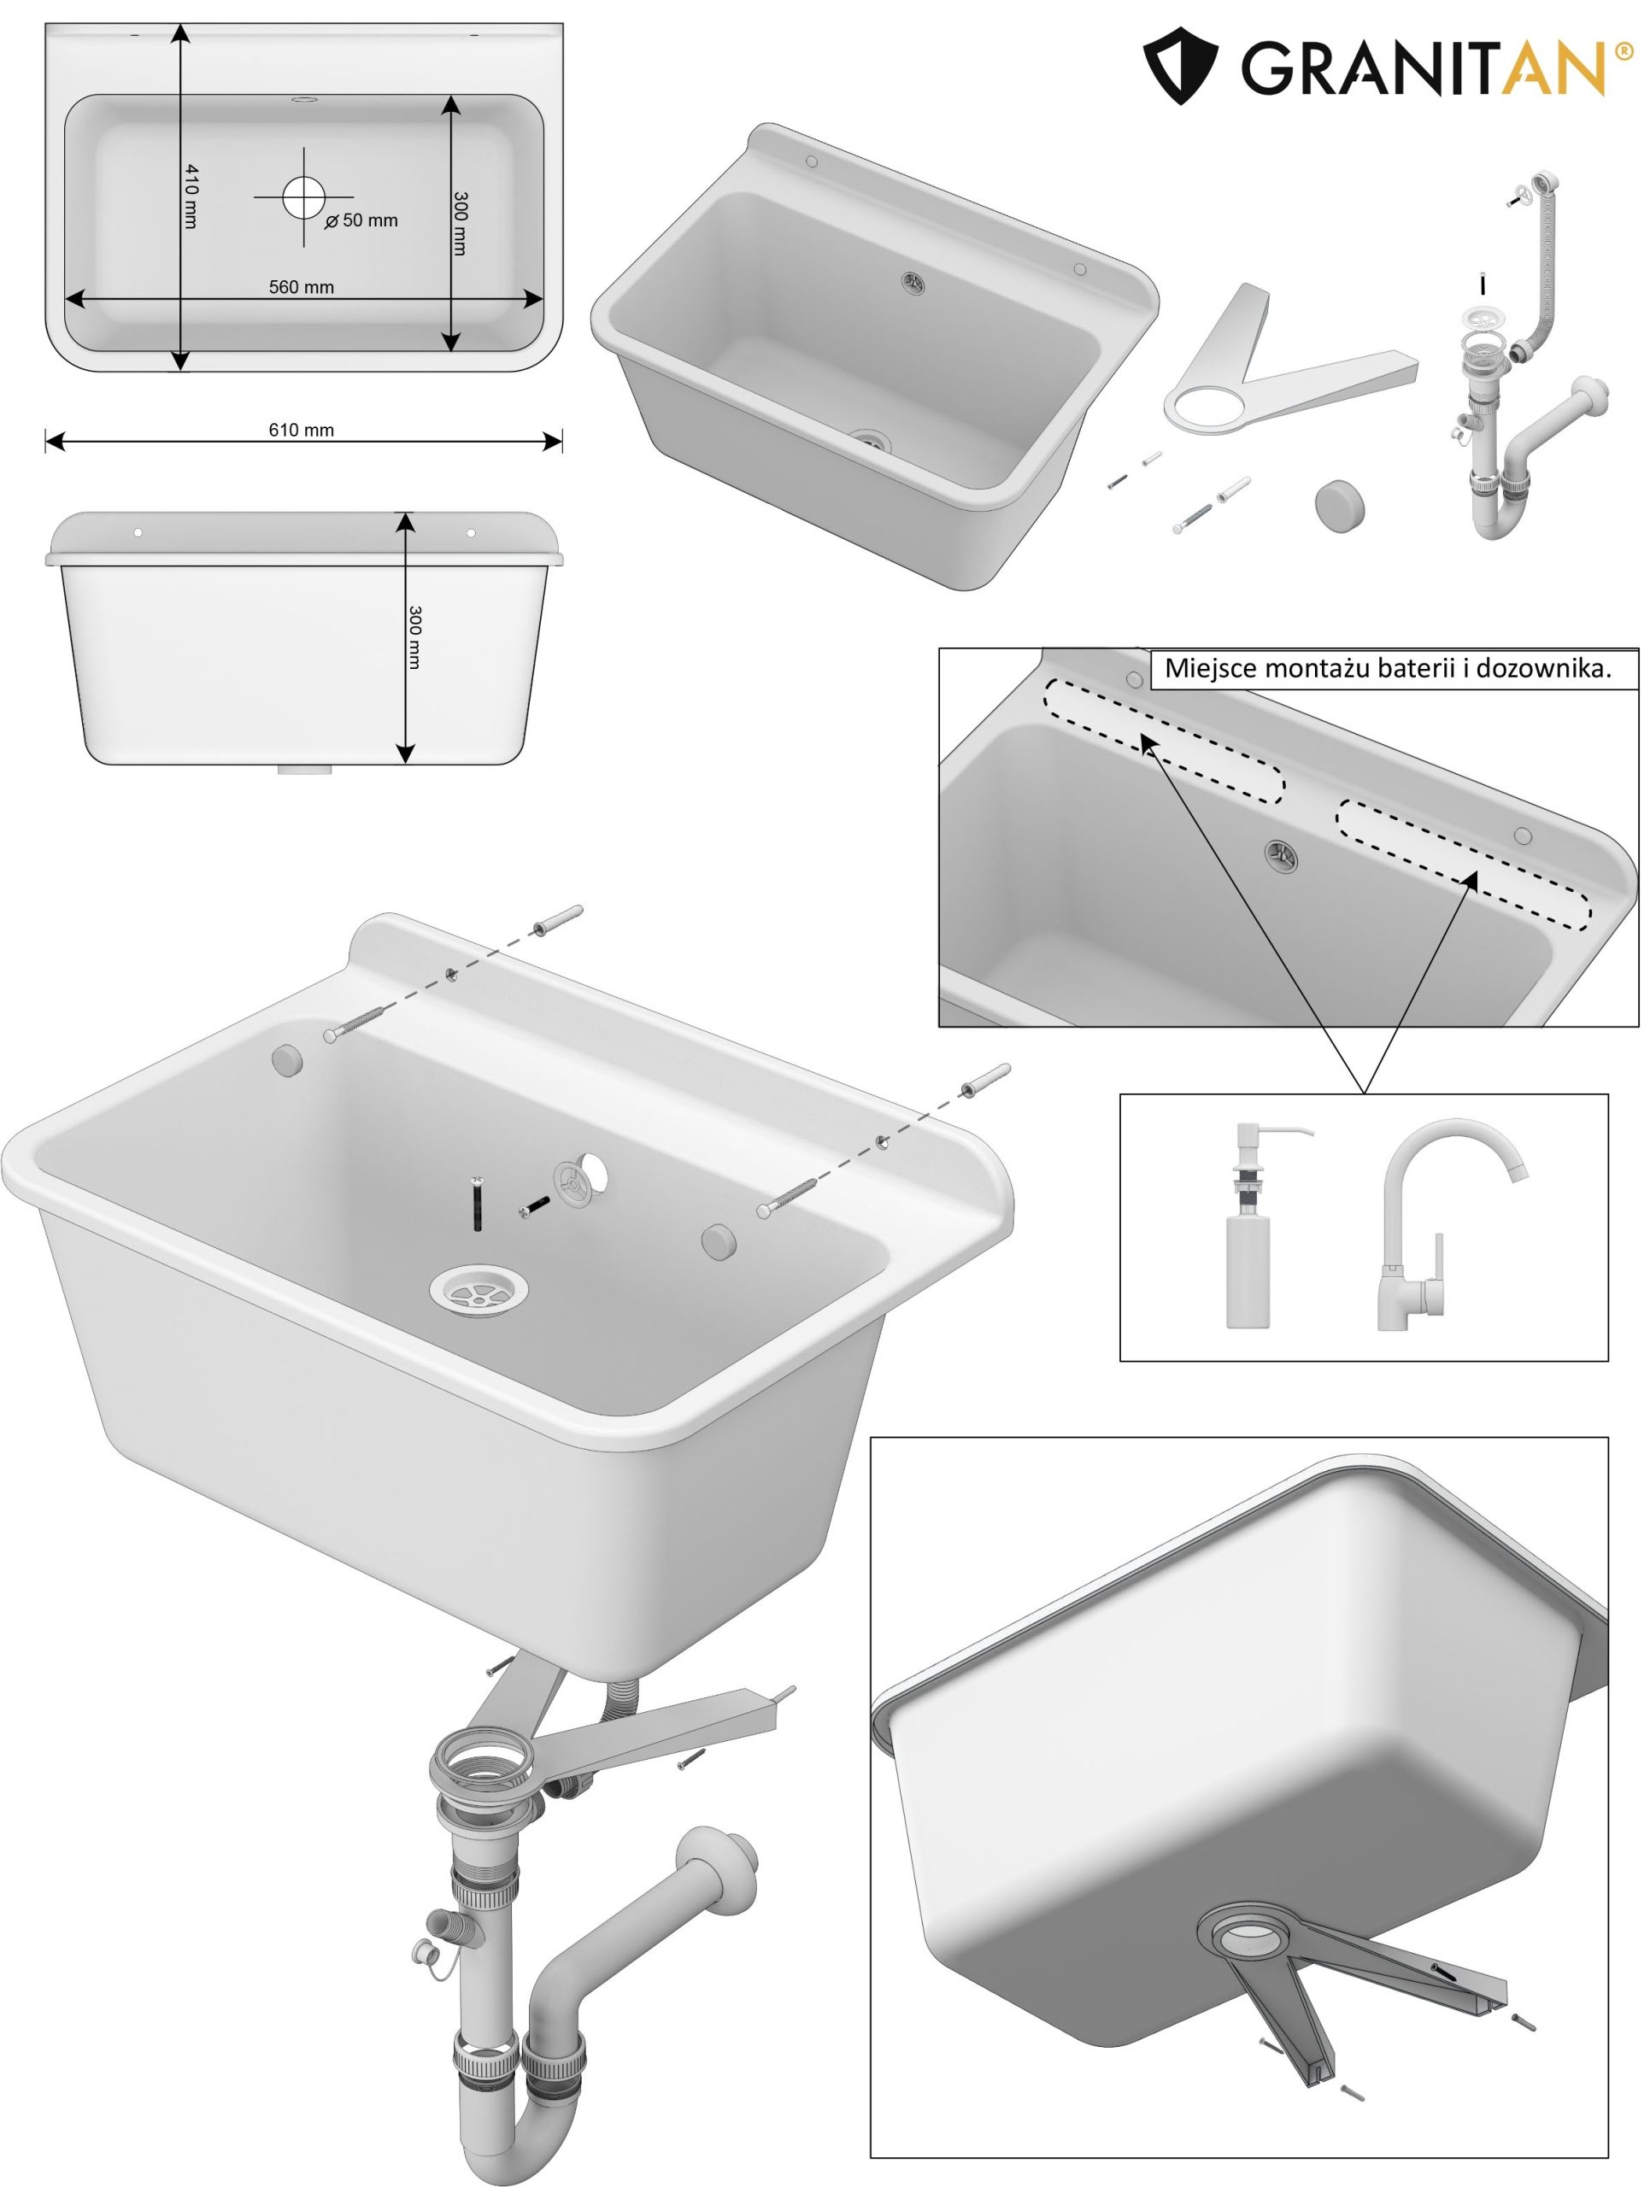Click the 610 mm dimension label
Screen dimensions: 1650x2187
coord(301,430)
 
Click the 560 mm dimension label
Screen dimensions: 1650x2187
coord(302,288)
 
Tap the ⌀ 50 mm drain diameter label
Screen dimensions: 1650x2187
coord(361,220)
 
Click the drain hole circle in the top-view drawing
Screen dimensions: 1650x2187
coord(302,196)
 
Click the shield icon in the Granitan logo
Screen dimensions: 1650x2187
coord(1179,65)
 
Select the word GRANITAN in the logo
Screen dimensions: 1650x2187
coord(1423,67)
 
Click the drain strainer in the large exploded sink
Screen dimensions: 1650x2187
coord(479,1289)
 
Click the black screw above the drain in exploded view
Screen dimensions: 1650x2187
coord(478,1203)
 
